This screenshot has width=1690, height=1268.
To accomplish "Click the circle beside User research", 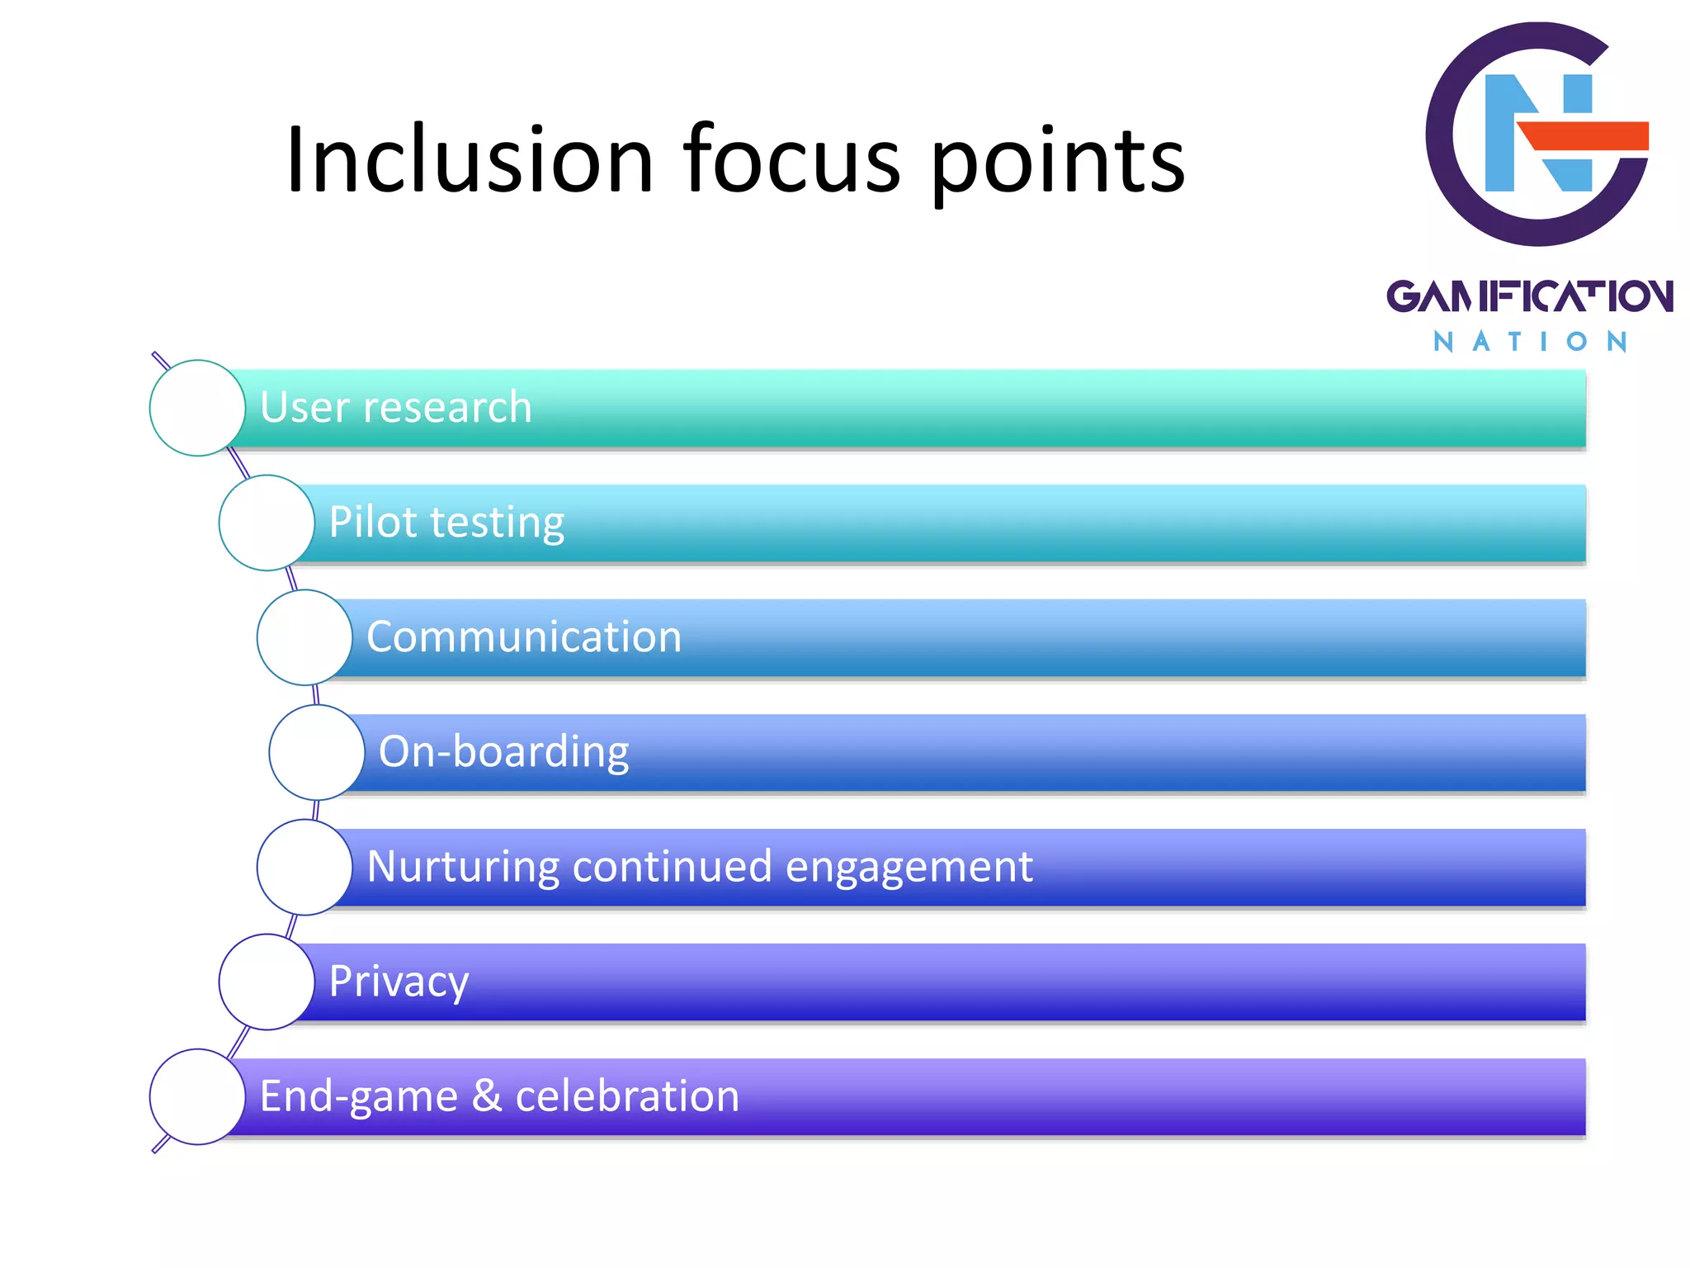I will click(197, 408).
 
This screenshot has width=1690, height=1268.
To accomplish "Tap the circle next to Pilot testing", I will click(267, 523).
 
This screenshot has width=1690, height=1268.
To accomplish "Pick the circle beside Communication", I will click(304, 637).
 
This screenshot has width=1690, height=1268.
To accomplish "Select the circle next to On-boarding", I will click(317, 752).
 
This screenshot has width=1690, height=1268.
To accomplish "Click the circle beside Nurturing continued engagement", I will click(304, 867).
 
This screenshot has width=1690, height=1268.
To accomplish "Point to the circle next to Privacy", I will click(267, 982).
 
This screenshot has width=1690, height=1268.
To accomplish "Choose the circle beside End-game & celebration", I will click(197, 1096).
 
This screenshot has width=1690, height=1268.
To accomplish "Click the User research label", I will click(396, 407).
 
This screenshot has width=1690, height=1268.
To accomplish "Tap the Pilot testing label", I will click(446, 523).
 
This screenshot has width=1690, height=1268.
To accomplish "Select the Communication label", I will click(524, 636).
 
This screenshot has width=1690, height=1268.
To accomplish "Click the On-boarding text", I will click(503, 752).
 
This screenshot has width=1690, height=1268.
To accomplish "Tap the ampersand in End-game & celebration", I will click(487, 1095).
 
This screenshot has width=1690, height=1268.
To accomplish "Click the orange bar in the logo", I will click(1584, 135).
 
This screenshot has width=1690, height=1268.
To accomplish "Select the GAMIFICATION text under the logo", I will click(1529, 296).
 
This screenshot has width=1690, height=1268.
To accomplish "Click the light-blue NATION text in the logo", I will click(1529, 342).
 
